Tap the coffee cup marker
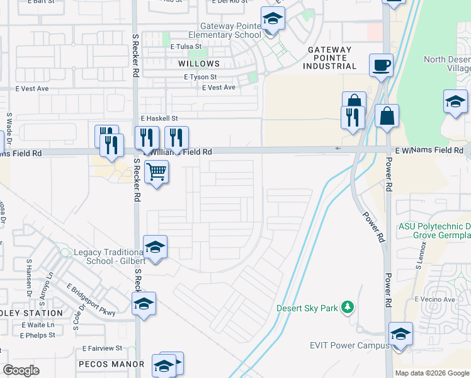381,66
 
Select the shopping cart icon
156,171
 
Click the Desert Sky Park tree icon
346,307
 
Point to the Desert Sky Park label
307,308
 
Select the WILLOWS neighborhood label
198,64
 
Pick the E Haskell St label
159,118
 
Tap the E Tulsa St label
185,46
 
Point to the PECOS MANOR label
111,364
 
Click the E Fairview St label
101,348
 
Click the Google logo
21,370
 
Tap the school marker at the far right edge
455,101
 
